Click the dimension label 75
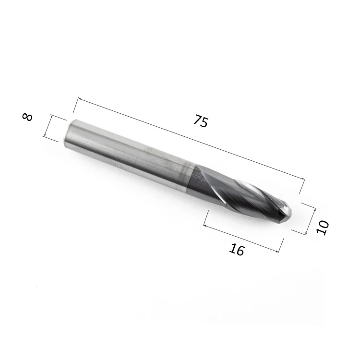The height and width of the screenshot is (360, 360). point(201,121)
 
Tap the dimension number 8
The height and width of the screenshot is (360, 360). point(27,117)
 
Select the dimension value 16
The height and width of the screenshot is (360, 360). point(237,250)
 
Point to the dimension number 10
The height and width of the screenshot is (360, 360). point(323,228)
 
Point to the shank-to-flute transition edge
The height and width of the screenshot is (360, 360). point(192,177)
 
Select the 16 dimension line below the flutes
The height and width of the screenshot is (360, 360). point(241,239)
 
